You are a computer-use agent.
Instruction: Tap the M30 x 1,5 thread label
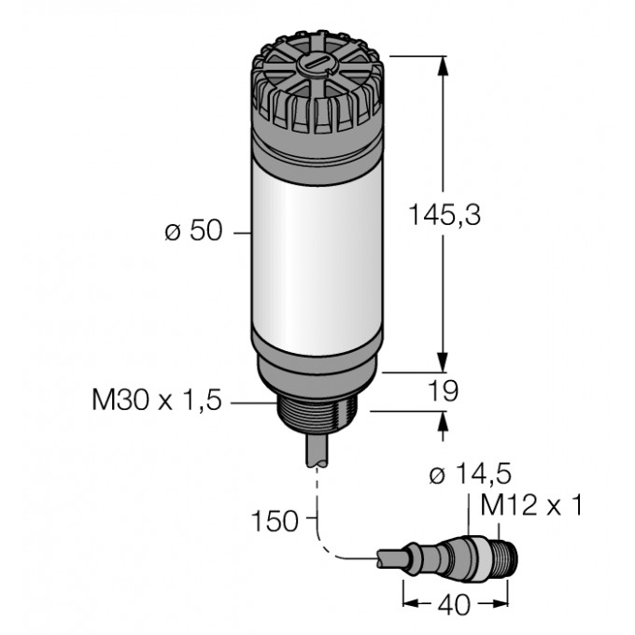pyautogui.click(x=158, y=402)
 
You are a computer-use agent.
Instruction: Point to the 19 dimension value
pyautogui.click(x=444, y=391)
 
